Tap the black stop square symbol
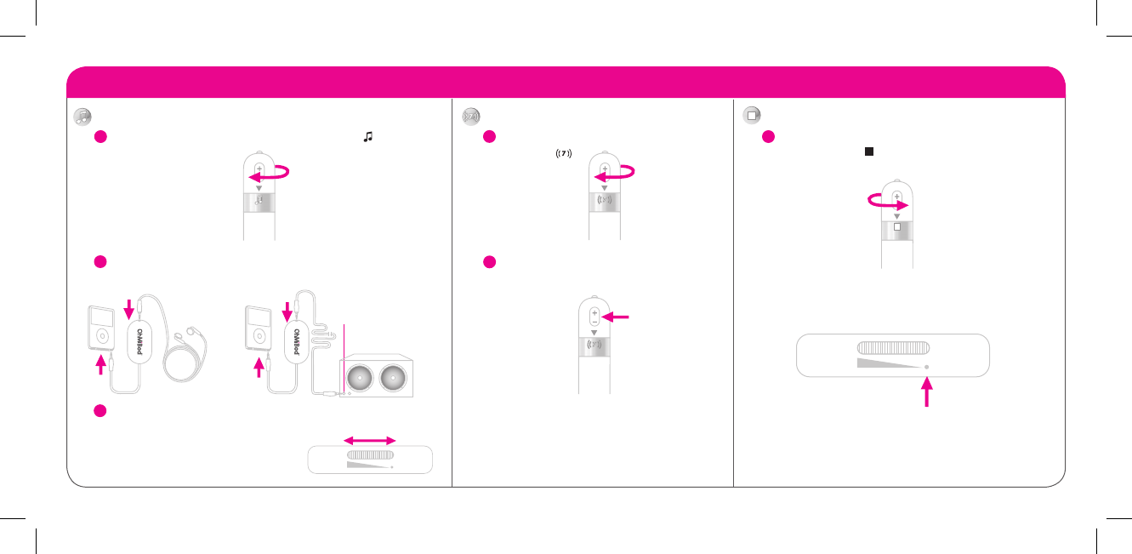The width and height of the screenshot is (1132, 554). point(869,151)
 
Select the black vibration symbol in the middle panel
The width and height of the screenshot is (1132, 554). point(562,153)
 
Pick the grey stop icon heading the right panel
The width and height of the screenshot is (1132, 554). point(751,115)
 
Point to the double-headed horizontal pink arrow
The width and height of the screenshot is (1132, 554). point(370,440)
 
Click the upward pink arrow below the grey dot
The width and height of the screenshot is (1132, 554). point(926,393)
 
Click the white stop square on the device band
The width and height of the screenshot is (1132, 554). point(896,228)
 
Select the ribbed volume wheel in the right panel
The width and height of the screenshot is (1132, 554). point(893,347)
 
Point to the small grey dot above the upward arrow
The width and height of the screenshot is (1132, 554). point(926,367)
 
